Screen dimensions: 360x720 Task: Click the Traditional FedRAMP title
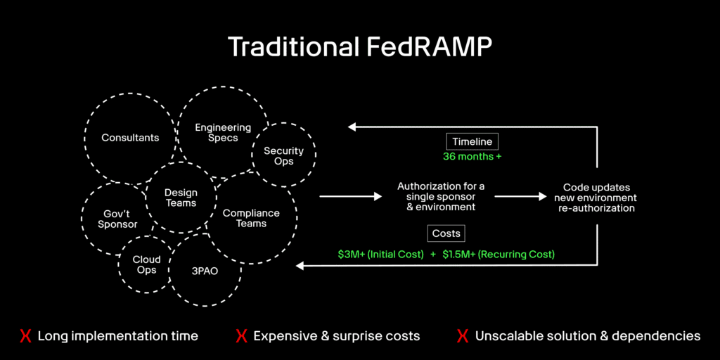coord(359,47)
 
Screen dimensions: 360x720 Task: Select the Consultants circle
coord(130,138)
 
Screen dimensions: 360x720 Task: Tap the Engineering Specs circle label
coord(223,133)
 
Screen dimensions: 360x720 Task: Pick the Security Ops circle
coord(283,156)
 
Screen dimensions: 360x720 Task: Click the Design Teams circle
coord(181,198)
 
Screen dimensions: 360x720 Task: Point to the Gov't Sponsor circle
coord(117,219)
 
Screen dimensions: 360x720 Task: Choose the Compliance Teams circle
coord(251,218)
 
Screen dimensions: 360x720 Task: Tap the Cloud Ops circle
coord(147,264)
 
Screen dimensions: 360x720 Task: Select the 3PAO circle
coord(205,270)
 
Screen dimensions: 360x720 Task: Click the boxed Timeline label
coord(472,142)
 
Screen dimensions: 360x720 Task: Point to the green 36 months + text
coord(472,157)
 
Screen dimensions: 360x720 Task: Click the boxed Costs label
coord(446,233)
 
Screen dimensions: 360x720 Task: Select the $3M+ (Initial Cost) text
coord(380,254)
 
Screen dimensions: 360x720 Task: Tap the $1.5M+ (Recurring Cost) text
coord(498,254)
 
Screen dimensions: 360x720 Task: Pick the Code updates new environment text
coord(599,198)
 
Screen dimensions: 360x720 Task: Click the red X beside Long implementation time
coord(25,336)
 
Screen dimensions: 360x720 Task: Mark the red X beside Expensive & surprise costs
coord(241,336)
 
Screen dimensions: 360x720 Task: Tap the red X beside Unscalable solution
coord(463,336)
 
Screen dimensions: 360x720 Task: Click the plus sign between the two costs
coord(432,254)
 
